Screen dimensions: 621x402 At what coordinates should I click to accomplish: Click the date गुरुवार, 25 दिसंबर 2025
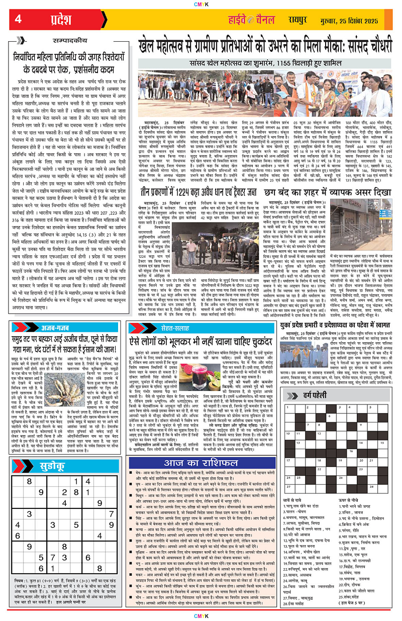pos(352,21)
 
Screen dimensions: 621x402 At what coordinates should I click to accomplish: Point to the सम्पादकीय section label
pos(73,42)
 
